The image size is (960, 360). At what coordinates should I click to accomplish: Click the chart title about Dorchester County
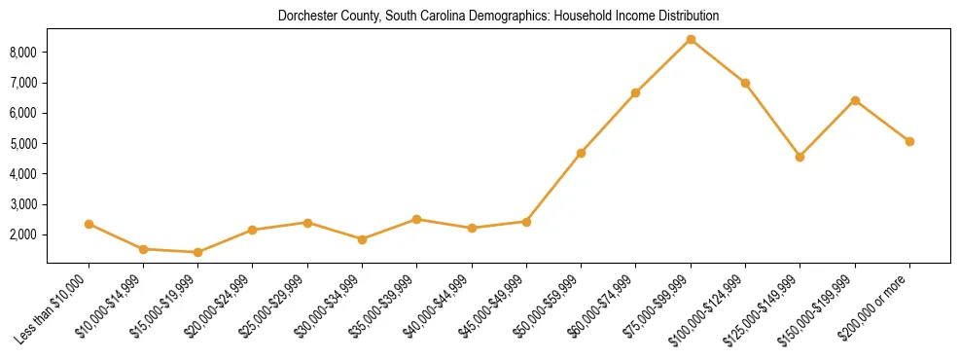pos(498,17)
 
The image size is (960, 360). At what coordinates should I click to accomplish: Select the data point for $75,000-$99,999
pos(691,40)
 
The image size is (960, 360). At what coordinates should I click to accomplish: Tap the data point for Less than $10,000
pos(89,224)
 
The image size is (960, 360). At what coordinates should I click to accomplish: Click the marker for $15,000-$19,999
pos(198,252)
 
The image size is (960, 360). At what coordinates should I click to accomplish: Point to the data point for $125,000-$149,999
pos(800,157)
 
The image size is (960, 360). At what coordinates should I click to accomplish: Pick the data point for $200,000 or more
pos(909,141)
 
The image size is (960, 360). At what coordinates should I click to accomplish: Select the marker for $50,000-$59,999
pos(581,153)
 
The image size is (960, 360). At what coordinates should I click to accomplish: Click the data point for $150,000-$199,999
pos(855,100)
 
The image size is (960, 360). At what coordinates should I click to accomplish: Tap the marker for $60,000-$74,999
pos(635,92)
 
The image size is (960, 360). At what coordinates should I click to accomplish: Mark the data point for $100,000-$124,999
pos(745,83)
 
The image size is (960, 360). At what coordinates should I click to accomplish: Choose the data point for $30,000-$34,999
pos(362,239)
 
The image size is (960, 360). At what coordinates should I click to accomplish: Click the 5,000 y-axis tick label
pos(23,144)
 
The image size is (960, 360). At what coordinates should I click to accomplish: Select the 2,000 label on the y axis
pos(23,235)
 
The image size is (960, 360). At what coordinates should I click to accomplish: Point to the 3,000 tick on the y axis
pos(23,205)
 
